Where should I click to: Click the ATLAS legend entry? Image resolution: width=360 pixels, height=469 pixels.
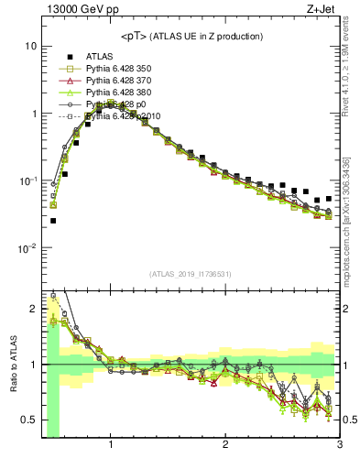coord(101,57)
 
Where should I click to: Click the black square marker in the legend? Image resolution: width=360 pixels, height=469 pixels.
coord(67,57)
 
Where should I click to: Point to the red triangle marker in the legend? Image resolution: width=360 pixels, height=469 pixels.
coord(67,81)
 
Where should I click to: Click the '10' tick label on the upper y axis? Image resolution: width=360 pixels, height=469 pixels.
coord(30,46)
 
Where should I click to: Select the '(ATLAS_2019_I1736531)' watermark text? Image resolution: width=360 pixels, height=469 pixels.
coord(190,274)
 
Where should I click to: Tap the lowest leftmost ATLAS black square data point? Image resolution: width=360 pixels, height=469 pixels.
coord(53,221)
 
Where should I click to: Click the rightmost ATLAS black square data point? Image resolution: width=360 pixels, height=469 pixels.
coord(329,198)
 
